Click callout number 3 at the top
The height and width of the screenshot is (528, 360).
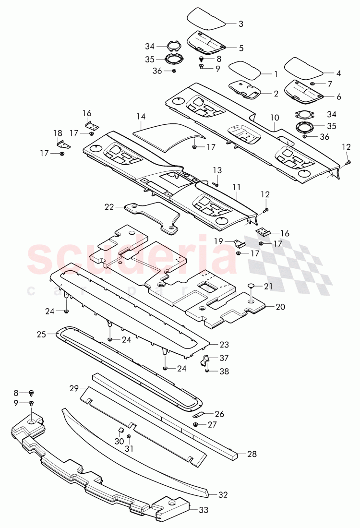241,23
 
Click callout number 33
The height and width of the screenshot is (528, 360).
204,510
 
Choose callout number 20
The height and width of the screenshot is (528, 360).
279,306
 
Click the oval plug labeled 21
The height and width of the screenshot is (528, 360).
252,287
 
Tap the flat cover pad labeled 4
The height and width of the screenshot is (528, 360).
304,68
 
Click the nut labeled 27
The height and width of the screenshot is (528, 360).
196,424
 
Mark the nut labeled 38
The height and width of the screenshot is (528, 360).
207,370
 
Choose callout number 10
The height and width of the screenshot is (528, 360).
275,117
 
